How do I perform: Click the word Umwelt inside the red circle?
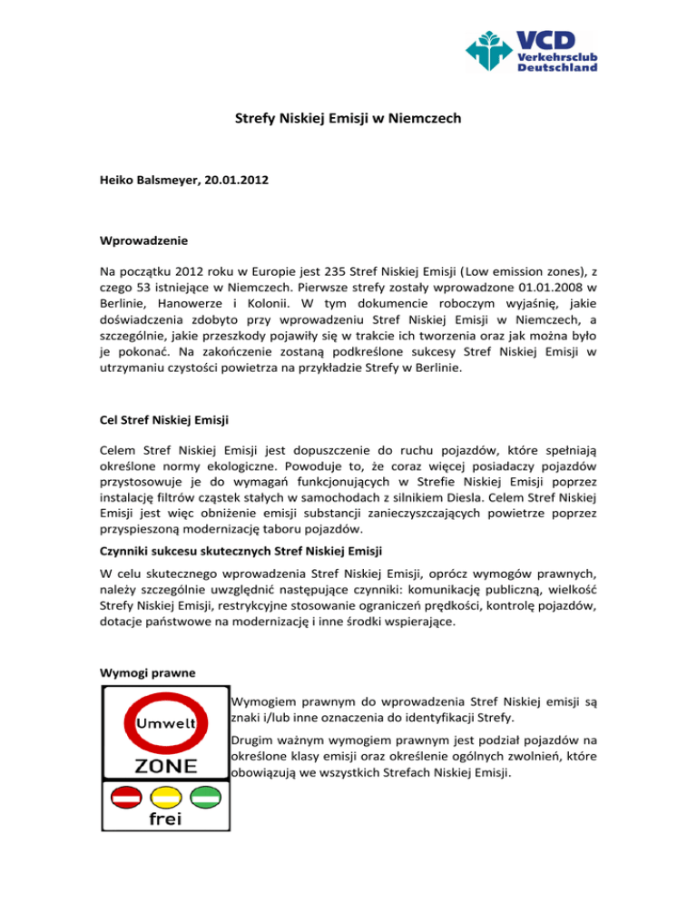coord(165,724)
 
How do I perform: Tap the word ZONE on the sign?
coord(164,766)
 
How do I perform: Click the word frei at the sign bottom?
coord(164,819)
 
